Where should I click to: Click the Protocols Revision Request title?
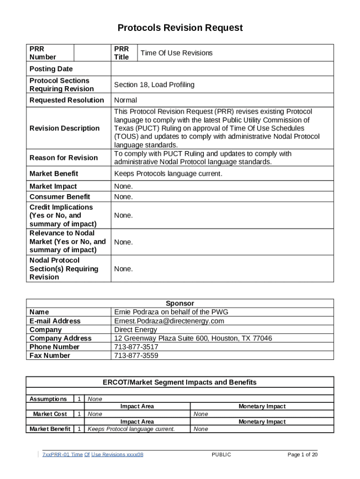(180, 28)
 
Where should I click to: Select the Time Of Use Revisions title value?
(176, 53)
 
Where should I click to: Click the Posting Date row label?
(51, 69)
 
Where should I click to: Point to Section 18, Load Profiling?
(154, 85)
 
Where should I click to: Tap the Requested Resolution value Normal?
(126, 100)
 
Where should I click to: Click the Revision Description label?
(65, 128)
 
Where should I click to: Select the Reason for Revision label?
(64, 158)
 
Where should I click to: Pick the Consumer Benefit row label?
(60, 197)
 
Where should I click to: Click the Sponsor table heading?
(180, 304)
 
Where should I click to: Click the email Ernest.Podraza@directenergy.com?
(169, 321)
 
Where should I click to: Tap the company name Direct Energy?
(136, 329)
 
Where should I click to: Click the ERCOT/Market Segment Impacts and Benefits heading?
(180, 382)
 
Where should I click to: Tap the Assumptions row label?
(48, 399)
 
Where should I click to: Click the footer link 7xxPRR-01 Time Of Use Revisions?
(93, 455)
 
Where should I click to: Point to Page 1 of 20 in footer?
(302, 455)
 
